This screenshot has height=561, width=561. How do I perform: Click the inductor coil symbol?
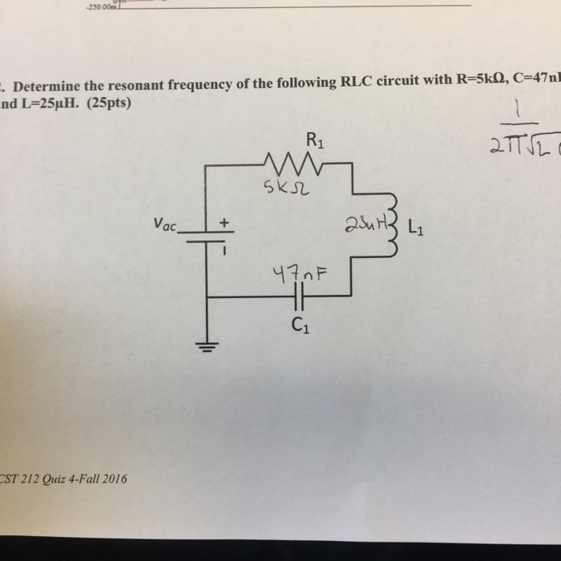(x=392, y=225)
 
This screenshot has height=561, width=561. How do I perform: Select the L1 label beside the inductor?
(x=418, y=226)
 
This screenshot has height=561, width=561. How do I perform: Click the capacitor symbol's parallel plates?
(x=299, y=297)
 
